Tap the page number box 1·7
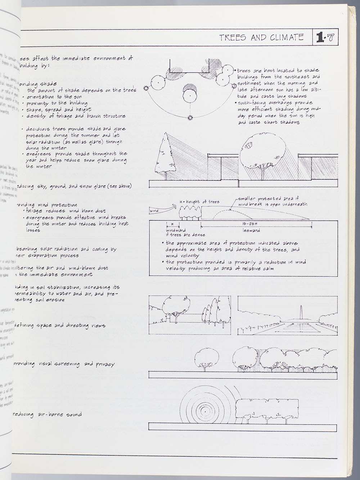click(325, 37)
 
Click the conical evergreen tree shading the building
click(164, 155)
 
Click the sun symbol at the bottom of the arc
click(190, 117)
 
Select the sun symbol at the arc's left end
click(146, 88)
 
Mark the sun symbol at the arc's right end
click(233, 85)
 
